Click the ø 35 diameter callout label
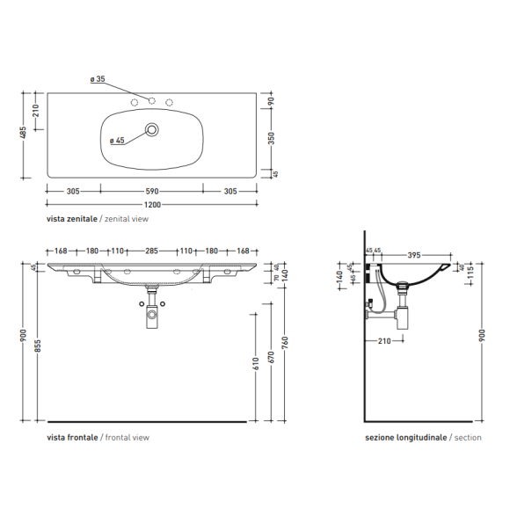(98, 79)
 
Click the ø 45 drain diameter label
(117, 141)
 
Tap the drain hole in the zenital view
(152, 129)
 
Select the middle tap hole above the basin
(151, 101)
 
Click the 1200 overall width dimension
(152, 205)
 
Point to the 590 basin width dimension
(152, 192)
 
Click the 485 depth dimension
(24, 133)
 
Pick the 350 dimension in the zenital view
(271, 138)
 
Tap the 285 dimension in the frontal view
(151, 251)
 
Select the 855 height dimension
(38, 346)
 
